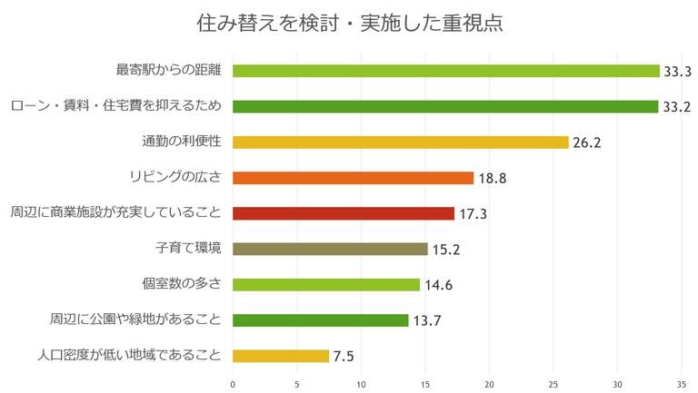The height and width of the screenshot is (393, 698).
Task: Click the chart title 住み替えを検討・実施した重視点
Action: point(349,23)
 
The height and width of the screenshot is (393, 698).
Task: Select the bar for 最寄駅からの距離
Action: point(446,71)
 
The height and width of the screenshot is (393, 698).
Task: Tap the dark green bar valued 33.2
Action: point(445,106)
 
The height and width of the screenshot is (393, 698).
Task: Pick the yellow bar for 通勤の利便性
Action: point(401,142)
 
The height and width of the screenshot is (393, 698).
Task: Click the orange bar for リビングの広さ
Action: point(354,178)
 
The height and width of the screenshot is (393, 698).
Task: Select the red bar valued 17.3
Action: point(344,213)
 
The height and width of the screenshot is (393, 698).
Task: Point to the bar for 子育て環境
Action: point(330,249)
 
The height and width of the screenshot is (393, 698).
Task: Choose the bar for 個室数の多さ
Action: point(326,284)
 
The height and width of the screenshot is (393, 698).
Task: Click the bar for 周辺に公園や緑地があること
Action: point(321,319)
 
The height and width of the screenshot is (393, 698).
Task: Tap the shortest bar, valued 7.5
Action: point(281,356)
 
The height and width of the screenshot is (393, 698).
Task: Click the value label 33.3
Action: point(678,71)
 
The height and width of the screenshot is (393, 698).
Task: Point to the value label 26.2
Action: point(586,142)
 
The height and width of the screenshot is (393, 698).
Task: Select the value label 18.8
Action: point(492,178)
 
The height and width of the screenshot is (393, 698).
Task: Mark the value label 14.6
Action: point(438,285)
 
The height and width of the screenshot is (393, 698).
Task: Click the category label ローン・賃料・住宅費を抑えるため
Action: point(115,106)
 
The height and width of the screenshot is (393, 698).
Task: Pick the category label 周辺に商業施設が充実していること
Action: point(115,213)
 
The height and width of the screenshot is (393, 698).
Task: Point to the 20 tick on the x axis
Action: point(490,384)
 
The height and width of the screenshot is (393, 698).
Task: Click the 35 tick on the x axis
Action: point(682,384)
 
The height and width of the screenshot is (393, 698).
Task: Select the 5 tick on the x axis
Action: point(297,384)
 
